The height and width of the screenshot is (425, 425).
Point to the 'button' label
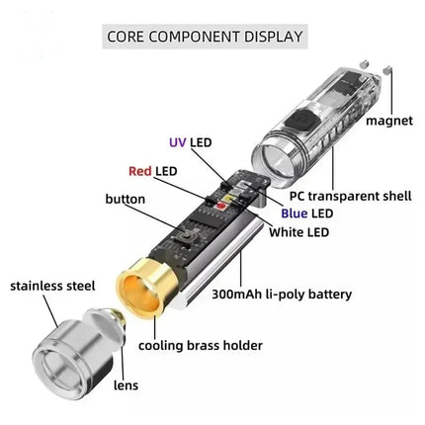coord(125,199)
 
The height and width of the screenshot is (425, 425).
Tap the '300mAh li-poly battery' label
coord(279,294)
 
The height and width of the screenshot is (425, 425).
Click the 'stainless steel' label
coord(52,287)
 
